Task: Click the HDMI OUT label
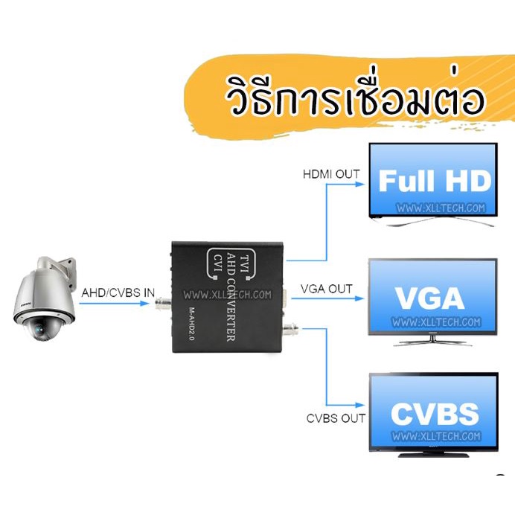coord(331,174)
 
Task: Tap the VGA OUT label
coord(327,289)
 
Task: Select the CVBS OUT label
coord(336,418)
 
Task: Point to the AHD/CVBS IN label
coord(118,292)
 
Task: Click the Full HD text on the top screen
coord(435,181)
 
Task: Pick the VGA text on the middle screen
coord(430,298)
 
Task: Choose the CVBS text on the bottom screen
coord(435,414)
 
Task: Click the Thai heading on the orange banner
coord(355,95)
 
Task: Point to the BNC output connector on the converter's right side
coord(291,328)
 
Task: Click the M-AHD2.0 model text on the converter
coord(192,324)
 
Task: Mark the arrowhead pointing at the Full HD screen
coord(360,184)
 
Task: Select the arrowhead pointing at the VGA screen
coord(359,298)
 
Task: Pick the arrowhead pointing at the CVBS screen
coord(360,405)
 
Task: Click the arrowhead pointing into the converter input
coord(145,303)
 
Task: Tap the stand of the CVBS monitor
coord(434,454)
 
